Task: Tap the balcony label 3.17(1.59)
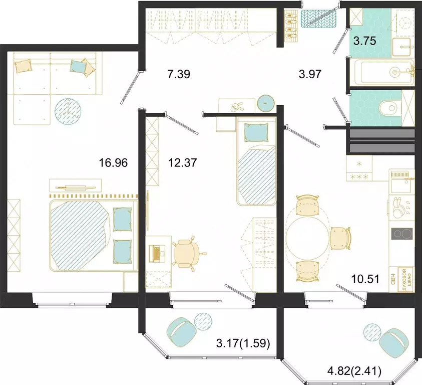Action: pyautogui.click(x=243, y=344)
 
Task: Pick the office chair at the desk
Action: pyautogui.click(x=188, y=251)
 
